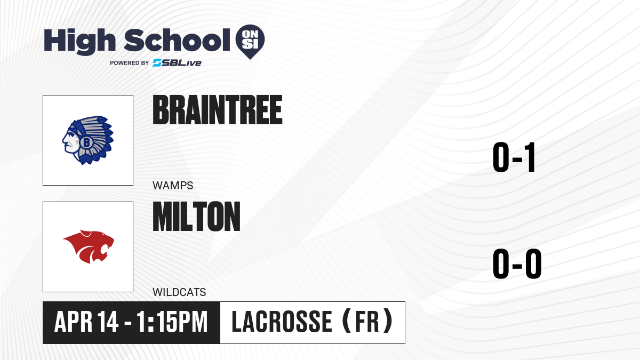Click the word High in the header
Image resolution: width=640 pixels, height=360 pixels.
(80, 41)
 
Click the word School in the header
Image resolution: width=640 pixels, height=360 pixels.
(177, 40)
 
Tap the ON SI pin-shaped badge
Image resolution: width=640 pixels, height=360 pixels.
(250, 42)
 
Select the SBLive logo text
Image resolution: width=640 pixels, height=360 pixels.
(177, 62)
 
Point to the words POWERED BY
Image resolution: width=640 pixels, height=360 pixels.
(130, 63)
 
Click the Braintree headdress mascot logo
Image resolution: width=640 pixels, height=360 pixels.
(88, 140)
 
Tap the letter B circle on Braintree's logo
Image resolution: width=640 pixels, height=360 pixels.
(86, 142)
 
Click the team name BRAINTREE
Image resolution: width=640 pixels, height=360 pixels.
(218, 110)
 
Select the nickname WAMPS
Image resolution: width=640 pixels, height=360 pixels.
(173, 186)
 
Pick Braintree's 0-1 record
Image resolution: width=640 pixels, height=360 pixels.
(514, 157)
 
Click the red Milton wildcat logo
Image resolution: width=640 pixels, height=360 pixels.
(89, 246)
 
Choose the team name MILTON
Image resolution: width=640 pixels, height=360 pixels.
(197, 217)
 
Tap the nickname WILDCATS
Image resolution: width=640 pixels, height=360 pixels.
(179, 292)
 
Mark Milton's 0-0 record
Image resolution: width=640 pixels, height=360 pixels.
(517, 263)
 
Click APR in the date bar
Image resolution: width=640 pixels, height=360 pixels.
(73, 322)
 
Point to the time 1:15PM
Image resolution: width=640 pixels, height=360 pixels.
(172, 322)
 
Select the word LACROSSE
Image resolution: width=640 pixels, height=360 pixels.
(282, 322)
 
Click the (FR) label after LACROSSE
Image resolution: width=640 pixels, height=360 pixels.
(367, 321)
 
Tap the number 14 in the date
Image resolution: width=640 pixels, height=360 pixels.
(107, 322)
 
